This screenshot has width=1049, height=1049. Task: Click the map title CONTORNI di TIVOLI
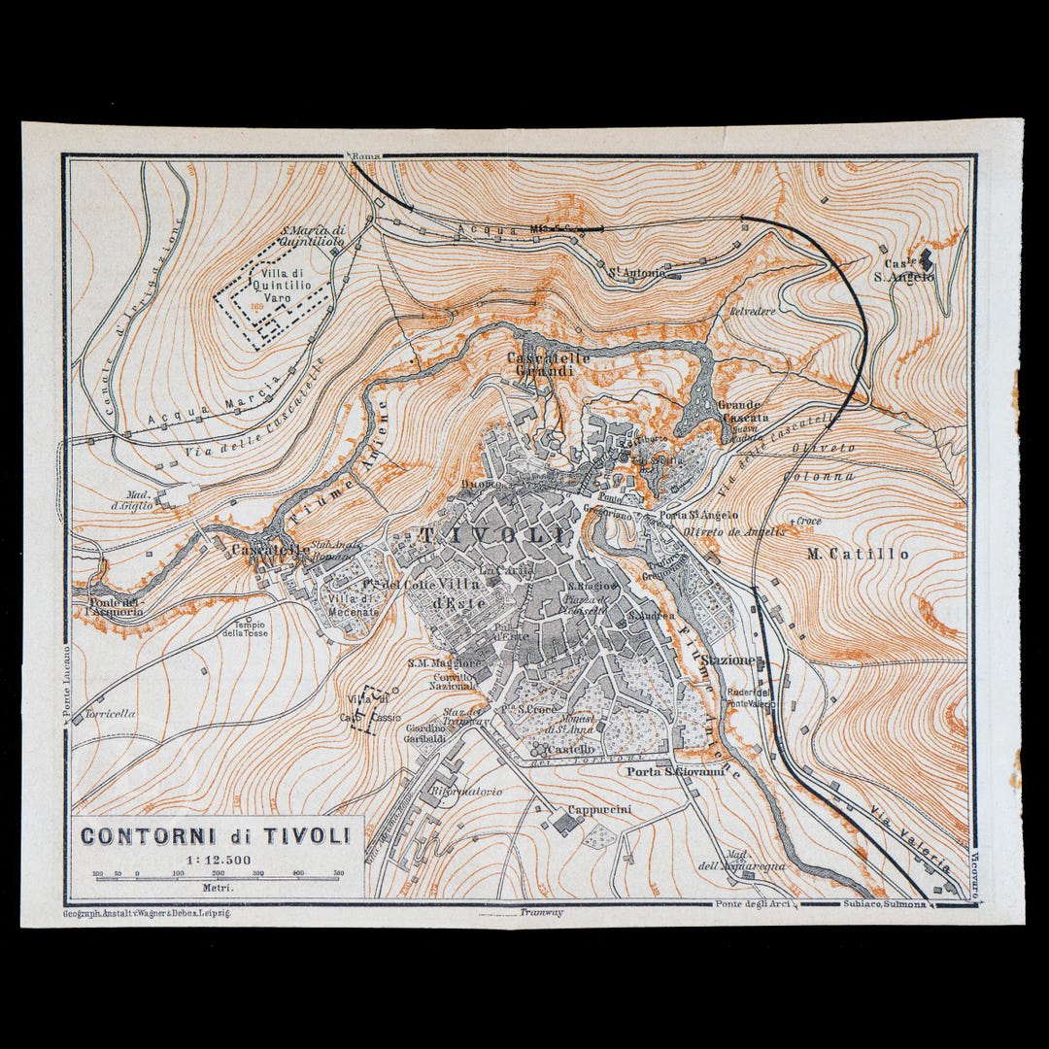point(215,835)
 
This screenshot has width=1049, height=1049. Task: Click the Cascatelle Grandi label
point(548,364)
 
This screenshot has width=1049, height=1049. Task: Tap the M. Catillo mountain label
point(859,554)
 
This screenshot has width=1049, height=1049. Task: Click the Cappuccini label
point(599,809)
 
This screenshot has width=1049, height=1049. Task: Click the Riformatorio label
point(467,792)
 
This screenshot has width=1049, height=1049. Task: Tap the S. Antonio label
point(637,273)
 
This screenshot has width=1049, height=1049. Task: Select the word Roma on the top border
point(366,155)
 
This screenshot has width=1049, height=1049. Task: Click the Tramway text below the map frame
point(541,912)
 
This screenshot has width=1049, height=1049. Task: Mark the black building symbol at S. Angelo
point(926,259)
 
